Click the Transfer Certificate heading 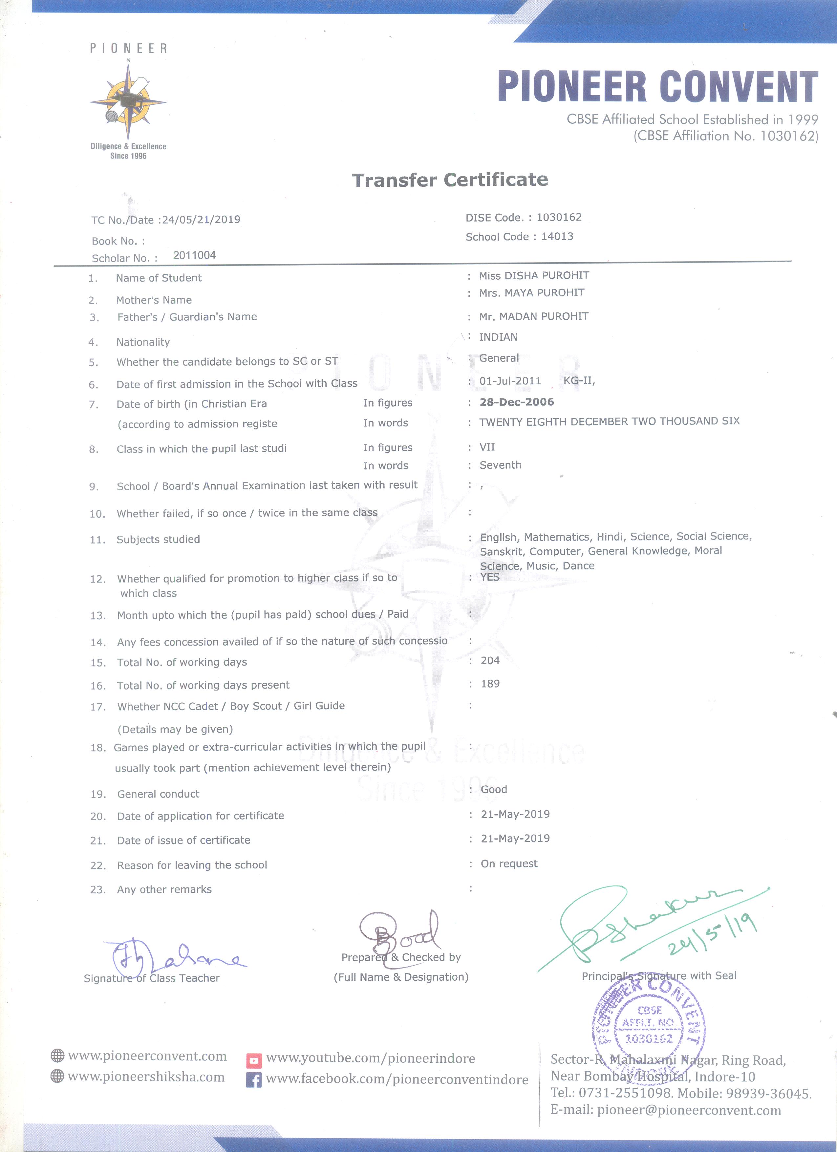[450, 180]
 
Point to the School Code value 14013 [557, 236]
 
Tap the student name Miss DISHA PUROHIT [534, 275]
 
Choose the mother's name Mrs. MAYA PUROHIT [531, 292]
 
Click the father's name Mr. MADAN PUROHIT [533, 316]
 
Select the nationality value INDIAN [498, 337]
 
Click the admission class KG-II [578, 381]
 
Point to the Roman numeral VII [487, 447]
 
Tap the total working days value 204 [490, 660]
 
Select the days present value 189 [490, 684]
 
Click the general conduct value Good [494, 789]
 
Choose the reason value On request [509, 864]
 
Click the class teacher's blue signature [173, 957]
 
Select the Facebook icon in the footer [253, 1080]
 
